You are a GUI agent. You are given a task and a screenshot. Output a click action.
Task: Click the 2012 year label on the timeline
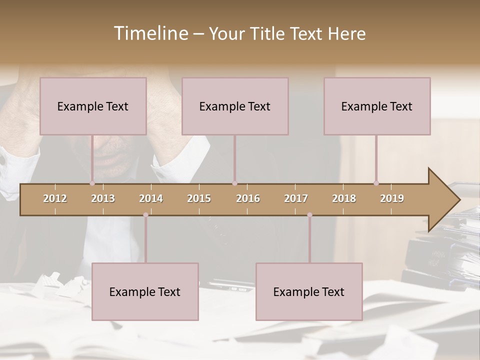click(55, 198)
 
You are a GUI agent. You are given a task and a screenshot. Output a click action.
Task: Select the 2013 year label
click(103, 198)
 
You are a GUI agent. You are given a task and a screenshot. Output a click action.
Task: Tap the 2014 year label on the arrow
click(151, 198)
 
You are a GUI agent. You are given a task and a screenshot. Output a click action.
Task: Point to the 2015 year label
click(199, 198)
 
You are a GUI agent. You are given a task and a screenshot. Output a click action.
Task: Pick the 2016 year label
click(248, 198)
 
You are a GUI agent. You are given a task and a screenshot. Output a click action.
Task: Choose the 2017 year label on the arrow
click(296, 198)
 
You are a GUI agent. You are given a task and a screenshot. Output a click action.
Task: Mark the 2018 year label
click(344, 198)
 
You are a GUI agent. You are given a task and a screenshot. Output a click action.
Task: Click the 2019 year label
click(392, 198)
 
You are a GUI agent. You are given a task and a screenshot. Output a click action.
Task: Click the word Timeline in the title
click(150, 33)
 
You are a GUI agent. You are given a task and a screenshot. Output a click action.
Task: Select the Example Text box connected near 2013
click(93, 106)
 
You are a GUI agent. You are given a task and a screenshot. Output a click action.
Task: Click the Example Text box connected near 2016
click(235, 106)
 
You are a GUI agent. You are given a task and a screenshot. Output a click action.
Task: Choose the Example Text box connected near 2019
click(377, 106)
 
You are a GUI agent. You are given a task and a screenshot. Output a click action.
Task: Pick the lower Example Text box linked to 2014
click(145, 291)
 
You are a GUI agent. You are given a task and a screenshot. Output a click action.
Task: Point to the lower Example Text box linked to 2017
click(309, 291)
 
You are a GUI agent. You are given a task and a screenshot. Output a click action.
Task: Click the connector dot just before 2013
click(92, 183)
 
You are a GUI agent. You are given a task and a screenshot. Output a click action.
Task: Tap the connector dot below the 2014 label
click(145, 215)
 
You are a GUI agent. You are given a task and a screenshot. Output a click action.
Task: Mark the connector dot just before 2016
click(234, 183)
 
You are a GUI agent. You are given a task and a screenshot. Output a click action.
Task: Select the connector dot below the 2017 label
click(309, 215)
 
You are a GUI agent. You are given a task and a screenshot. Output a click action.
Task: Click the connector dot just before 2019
click(376, 183)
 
